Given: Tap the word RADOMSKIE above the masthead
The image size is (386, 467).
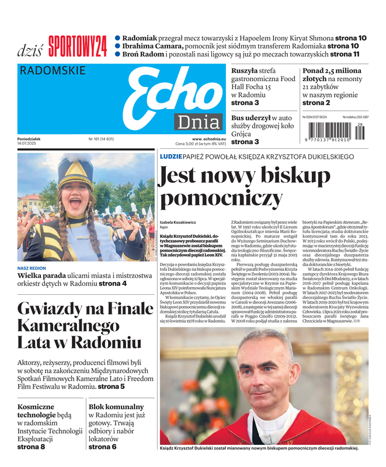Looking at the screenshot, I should click(x=53, y=71).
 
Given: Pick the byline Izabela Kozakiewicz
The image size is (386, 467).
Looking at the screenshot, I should click(x=179, y=222).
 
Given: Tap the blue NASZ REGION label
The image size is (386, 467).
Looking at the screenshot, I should click(x=32, y=269).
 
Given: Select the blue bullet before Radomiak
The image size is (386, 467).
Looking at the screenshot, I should click(x=118, y=37).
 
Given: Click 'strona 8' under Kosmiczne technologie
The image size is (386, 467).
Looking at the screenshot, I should click(x=31, y=447).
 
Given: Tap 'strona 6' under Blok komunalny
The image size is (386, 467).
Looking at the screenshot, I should click(x=102, y=447).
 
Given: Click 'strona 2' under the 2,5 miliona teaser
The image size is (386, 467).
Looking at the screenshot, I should click(x=316, y=103).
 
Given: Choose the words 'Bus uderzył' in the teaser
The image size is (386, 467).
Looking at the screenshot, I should click(x=252, y=119).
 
